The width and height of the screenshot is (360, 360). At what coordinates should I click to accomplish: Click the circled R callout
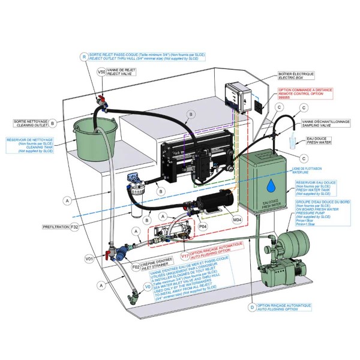click(84, 56)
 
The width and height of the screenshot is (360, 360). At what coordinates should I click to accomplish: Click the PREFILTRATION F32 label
click(61, 228)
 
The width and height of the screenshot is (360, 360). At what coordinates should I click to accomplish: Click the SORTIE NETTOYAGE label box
click(24, 123)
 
